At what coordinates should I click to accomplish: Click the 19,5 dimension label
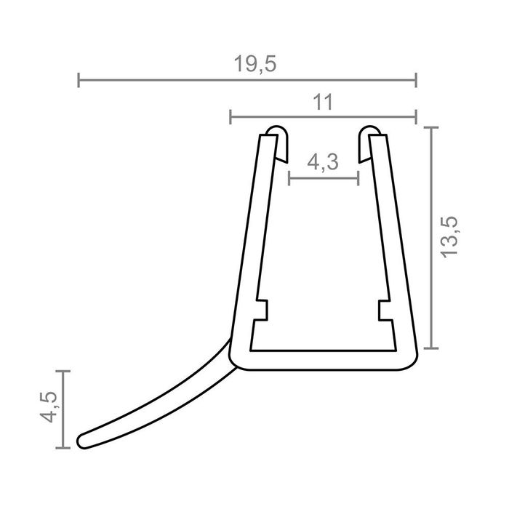coord(255,64)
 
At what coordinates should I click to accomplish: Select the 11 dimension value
coord(323,103)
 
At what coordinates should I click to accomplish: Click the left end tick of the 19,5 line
coord(79,79)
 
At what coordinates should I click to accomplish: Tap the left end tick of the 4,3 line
coord(289,177)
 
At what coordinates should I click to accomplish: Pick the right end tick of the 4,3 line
coord(358,177)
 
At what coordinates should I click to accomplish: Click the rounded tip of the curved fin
coord(81,441)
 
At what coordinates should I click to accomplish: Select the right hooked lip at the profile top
coord(369,135)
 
